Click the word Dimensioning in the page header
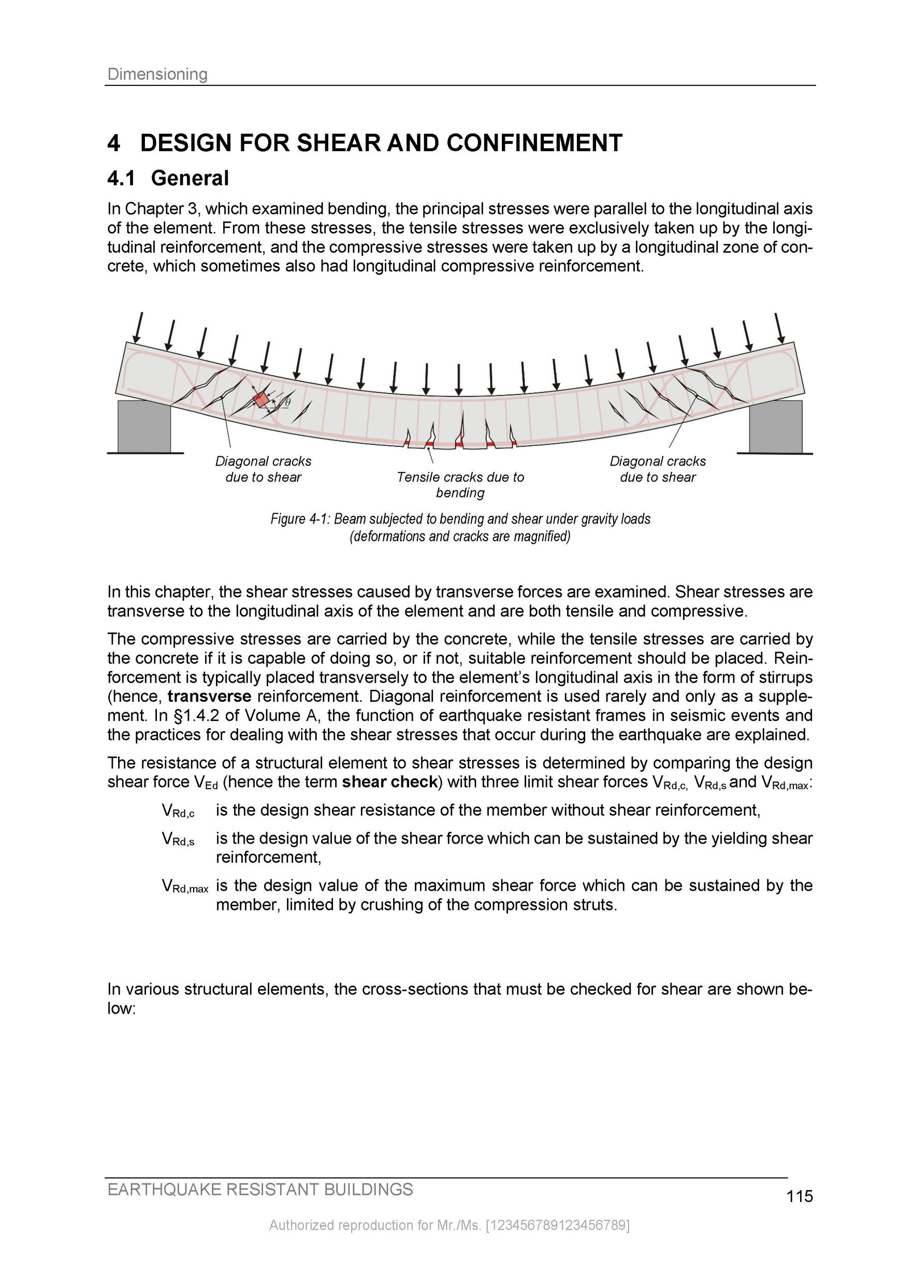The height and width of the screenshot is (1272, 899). point(157,74)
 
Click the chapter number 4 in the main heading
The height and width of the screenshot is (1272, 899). point(113,143)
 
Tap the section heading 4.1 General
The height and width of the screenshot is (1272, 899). point(168,178)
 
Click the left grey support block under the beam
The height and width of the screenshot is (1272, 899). point(144,426)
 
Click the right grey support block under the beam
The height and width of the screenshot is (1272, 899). point(775,426)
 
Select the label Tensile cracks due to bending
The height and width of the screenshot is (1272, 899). point(460,485)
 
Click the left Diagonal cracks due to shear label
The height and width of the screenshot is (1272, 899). point(263,469)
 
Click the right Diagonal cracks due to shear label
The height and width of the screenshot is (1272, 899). point(658,469)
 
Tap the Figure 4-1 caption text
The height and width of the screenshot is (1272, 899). point(460,527)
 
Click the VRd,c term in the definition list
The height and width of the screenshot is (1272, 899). point(178,811)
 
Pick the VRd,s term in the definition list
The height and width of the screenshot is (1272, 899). point(178,840)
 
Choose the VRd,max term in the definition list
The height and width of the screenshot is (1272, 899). point(185,886)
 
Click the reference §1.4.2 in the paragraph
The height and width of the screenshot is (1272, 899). point(196,716)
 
